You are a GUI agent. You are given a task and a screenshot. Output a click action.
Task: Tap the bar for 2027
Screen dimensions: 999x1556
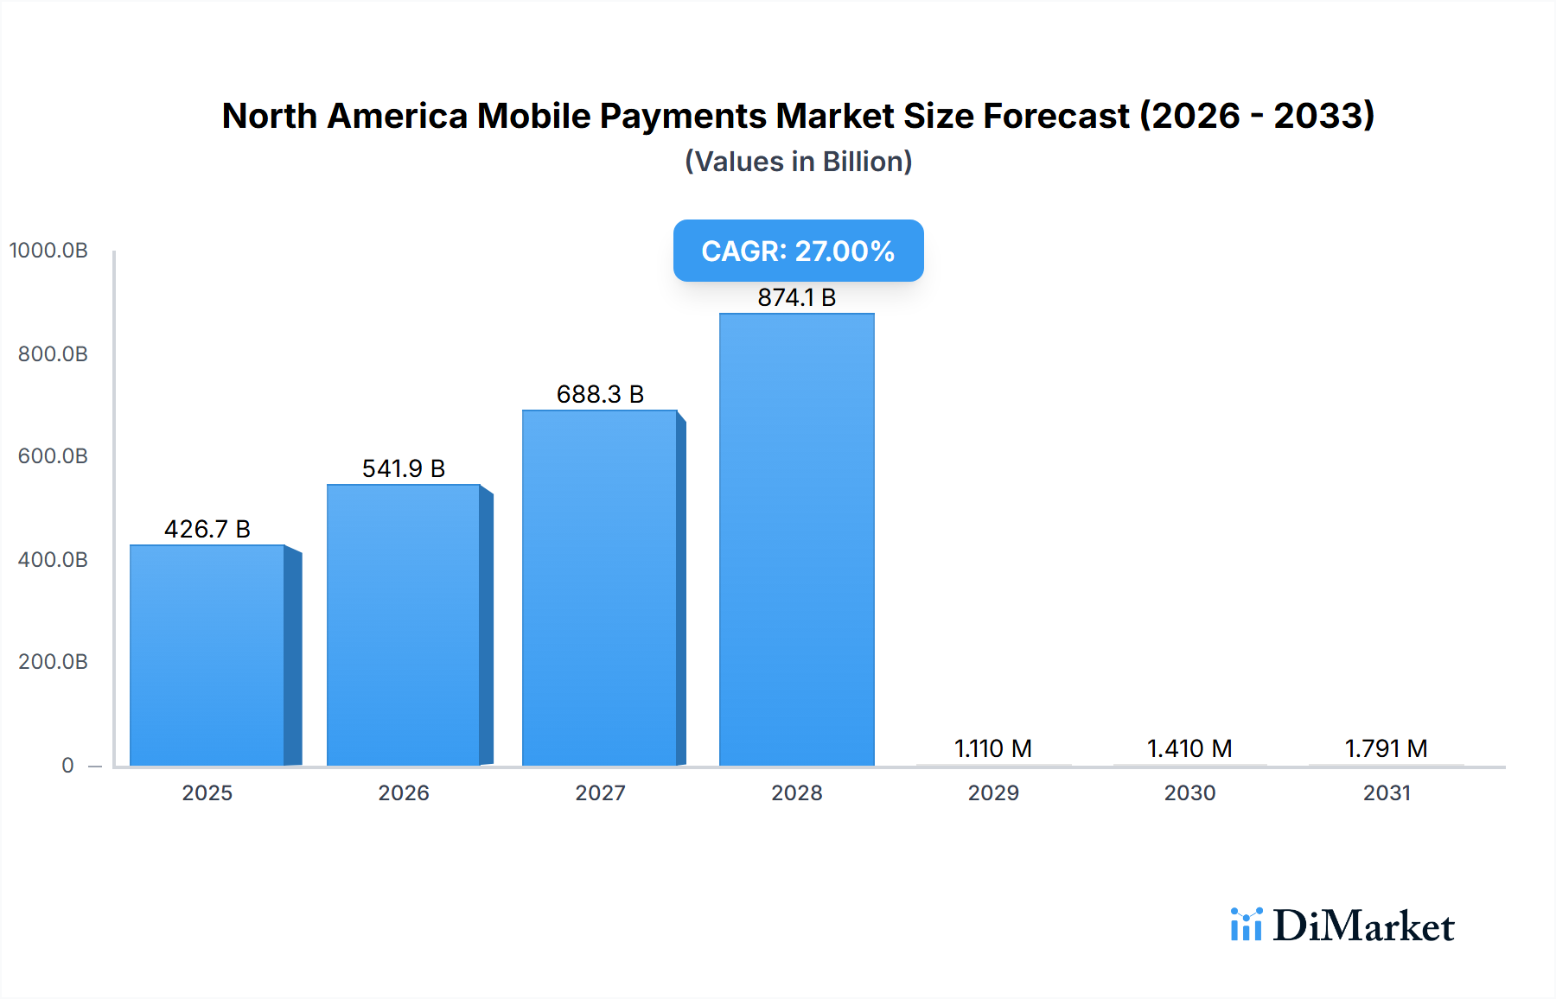click(x=600, y=588)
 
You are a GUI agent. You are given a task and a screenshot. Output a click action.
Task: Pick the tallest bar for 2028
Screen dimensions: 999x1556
click(x=796, y=539)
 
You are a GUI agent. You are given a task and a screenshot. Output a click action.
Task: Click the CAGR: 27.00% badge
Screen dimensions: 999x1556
click(x=798, y=251)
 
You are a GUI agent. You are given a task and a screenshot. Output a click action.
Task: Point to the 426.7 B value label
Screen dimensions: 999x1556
click(x=207, y=529)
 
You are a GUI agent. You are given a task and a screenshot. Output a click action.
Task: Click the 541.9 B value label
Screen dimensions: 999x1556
click(x=404, y=468)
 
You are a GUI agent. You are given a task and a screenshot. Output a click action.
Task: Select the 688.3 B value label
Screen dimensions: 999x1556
click(x=600, y=394)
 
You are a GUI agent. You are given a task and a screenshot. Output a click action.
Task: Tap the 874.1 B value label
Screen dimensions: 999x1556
click(x=796, y=297)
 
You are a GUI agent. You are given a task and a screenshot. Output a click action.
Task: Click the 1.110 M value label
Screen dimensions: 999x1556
click(x=992, y=748)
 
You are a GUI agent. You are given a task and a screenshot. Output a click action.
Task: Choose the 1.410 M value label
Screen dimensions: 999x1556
click(x=1189, y=748)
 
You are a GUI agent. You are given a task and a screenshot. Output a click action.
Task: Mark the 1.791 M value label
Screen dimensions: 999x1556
click(x=1386, y=748)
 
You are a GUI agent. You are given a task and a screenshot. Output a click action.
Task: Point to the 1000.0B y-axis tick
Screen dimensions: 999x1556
click(x=48, y=251)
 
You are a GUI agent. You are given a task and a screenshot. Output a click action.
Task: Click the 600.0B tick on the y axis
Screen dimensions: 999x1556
click(x=53, y=456)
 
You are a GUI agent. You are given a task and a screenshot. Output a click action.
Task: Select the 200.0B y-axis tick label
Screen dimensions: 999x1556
click(x=53, y=662)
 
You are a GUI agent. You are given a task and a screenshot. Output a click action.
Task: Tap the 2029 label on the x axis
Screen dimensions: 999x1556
click(x=993, y=792)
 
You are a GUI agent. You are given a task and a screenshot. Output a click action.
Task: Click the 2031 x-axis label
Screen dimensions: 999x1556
click(x=1387, y=792)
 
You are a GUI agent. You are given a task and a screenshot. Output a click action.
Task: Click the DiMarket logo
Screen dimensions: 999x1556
click(x=1342, y=926)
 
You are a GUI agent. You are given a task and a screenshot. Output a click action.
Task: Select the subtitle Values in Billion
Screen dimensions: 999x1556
click(x=798, y=162)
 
